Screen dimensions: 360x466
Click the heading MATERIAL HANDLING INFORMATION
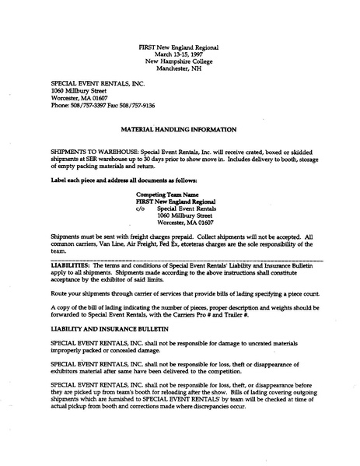[184, 127]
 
